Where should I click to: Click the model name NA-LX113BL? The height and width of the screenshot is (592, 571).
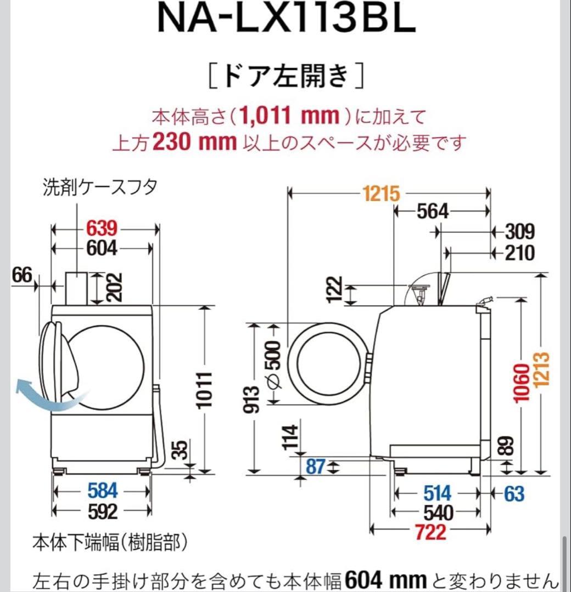tap(286, 20)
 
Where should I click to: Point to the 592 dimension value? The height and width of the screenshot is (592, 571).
tap(103, 512)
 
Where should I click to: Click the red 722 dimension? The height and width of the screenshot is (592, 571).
tap(430, 531)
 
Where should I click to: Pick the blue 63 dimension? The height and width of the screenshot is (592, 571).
tap(514, 494)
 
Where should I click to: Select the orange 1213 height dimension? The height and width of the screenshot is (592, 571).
tap(544, 377)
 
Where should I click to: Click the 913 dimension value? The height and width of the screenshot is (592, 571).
tap(253, 400)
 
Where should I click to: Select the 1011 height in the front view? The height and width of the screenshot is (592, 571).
tap(205, 389)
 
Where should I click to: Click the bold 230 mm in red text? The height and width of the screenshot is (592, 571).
tap(194, 143)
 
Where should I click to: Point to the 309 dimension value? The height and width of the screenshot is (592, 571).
tap(519, 232)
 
